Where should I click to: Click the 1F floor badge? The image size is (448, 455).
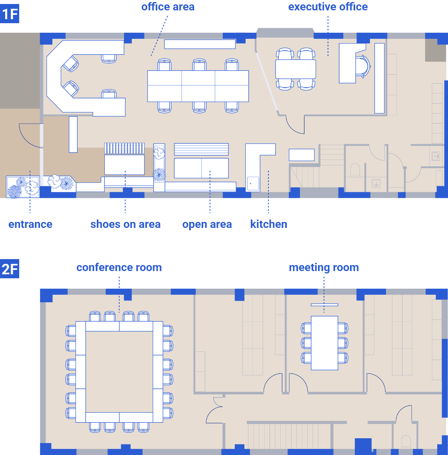pyautogui.click(x=10, y=14)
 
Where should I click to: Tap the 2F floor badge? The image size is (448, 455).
pyautogui.click(x=10, y=269)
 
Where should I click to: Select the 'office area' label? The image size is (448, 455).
pyautogui.click(x=168, y=7)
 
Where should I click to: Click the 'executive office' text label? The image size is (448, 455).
pyautogui.click(x=328, y=7)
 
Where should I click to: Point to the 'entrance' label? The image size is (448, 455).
pyautogui.click(x=30, y=224)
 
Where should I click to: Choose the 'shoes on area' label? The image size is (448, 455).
pyautogui.click(x=126, y=224)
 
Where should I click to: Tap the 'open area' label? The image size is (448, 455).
pyautogui.click(x=207, y=225)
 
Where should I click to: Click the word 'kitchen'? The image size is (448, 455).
pyautogui.click(x=268, y=224)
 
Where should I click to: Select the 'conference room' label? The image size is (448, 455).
pyautogui.click(x=119, y=267)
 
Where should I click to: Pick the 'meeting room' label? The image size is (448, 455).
pyautogui.click(x=324, y=267)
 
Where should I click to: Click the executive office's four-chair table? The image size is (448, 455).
pyautogui.click(x=296, y=69)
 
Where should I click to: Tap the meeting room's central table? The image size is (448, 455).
pyautogui.click(x=324, y=343)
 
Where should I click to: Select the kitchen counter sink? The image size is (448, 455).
pyautogui.click(x=253, y=184)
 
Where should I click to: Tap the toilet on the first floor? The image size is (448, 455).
pyautogui.click(x=355, y=170)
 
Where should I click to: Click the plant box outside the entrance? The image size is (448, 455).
pyautogui.click(x=23, y=187)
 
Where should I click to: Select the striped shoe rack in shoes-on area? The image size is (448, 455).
pyautogui.click(x=124, y=148)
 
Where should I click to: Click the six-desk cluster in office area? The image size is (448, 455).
pyautogui.click(x=198, y=86)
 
